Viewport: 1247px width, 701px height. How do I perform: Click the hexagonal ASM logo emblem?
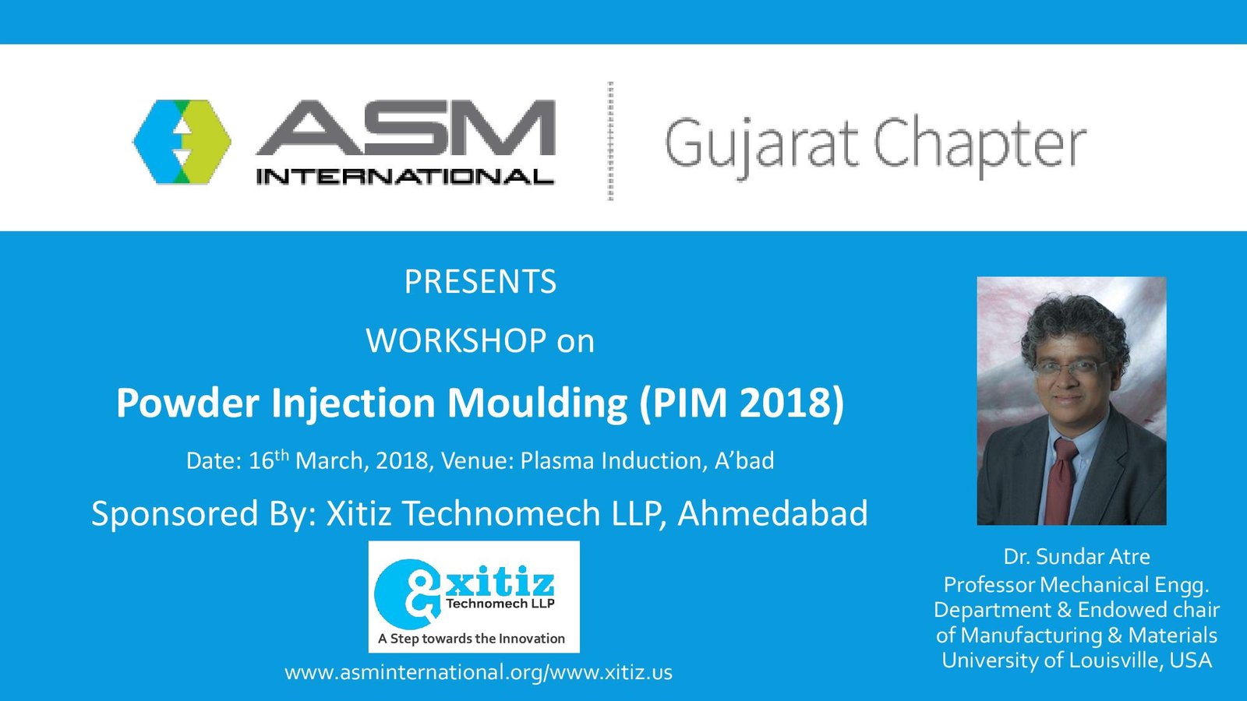coord(182,142)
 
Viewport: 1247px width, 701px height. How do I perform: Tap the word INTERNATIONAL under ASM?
coord(405,177)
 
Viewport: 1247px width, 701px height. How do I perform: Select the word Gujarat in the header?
coord(761,145)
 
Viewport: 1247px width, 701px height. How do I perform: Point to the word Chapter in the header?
coord(980,146)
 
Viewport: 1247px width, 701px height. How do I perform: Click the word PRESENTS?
coord(480,281)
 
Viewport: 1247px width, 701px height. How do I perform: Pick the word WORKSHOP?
coord(456,340)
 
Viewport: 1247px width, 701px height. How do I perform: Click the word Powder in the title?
coord(188,402)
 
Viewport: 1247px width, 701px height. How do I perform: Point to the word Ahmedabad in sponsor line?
coord(772,513)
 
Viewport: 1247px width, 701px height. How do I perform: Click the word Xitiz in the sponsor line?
coord(359,513)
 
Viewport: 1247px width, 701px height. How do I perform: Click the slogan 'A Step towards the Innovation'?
coord(472,638)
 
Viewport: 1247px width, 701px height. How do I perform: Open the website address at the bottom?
coord(479,672)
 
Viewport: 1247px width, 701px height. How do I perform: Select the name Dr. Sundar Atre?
coord(1076,556)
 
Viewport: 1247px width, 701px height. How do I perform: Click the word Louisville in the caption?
coord(1106,660)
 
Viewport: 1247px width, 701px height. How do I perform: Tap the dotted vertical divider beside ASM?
coord(611,141)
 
